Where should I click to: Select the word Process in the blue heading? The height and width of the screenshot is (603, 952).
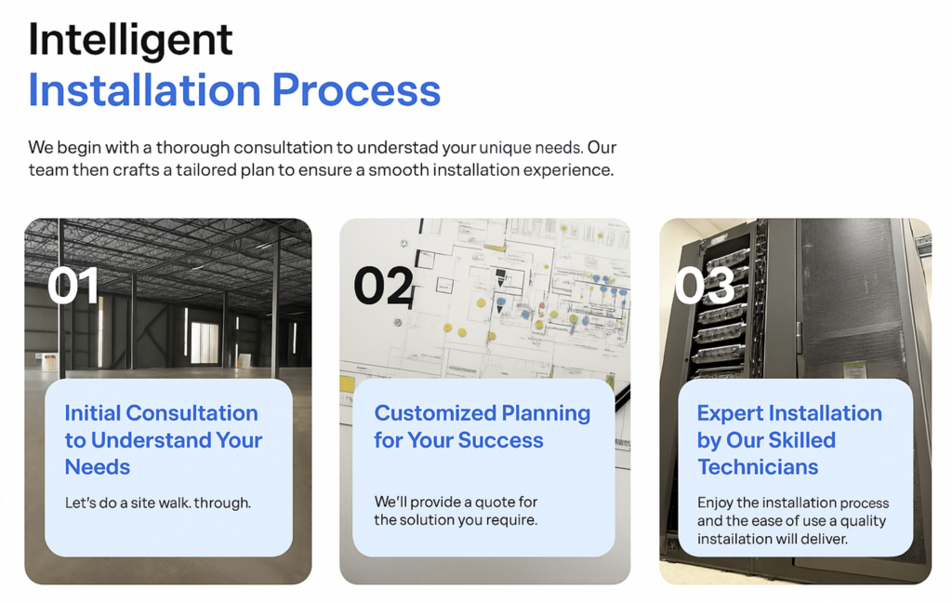[x=356, y=90]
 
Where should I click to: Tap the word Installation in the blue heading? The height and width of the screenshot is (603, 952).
[x=144, y=90]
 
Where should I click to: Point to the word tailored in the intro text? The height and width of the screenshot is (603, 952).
[x=206, y=169]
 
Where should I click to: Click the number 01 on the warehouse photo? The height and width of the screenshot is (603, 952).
[x=73, y=286]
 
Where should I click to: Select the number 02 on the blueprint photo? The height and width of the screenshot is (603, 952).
[x=384, y=286]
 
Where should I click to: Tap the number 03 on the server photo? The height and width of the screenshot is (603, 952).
[x=705, y=286]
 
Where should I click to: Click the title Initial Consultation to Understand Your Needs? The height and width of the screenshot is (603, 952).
[x=164, y=439]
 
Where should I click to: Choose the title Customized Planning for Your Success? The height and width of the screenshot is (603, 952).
[x=483, y=426]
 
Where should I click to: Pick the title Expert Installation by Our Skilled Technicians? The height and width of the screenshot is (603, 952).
[x=789, y=439]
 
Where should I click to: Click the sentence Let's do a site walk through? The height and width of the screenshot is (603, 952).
[x=158, y=502]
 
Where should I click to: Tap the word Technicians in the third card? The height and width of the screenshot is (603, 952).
[x=758, y=467]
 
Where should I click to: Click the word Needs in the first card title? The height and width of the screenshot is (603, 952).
[x=97, y=467]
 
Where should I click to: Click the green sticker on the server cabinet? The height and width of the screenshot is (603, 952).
[x=854, y=369]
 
